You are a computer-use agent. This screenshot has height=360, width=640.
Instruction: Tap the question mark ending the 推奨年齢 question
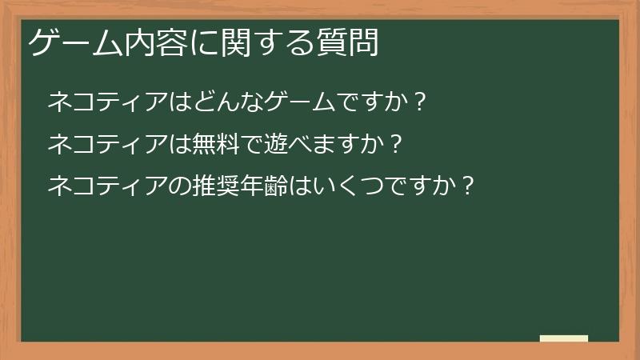pyautogui.click(x=469, y=187)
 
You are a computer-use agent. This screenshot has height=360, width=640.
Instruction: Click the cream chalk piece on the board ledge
pyautogui.click(x=564, y=338)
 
